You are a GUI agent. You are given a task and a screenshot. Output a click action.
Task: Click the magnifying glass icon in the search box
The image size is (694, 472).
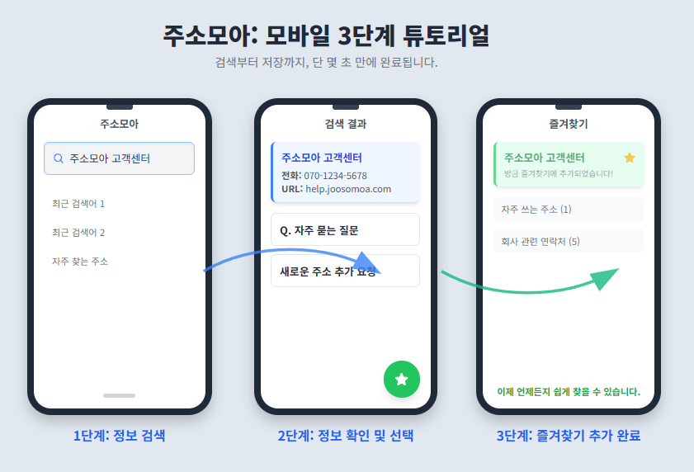pos(58,158)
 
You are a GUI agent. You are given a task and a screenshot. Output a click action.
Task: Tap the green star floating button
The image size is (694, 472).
pos(401,379)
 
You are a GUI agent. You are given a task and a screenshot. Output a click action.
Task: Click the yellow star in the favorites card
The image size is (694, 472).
pos(630,158)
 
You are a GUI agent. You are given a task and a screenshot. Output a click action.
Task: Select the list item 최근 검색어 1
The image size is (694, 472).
pos(78,204)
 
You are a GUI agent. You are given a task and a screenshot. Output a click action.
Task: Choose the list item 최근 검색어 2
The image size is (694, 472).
pos(78,233)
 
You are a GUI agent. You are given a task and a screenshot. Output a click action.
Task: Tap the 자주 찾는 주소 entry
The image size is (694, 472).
pos(80,262)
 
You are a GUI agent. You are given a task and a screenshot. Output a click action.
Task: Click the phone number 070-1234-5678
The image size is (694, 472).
pos(335,176)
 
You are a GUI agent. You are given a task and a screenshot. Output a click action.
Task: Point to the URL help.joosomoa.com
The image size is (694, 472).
pos(348,189)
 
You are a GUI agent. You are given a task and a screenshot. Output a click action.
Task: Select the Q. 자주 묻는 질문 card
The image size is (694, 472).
pos(345,229)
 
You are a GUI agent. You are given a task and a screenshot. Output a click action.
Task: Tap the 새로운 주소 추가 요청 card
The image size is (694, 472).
pos(345,271)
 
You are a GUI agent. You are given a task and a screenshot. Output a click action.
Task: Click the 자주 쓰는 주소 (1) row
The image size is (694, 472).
pos(569,209)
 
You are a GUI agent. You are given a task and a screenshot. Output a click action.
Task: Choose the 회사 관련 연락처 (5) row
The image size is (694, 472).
pos(569,241)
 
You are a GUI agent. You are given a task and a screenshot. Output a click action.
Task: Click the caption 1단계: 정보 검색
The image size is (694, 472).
pos(119,436)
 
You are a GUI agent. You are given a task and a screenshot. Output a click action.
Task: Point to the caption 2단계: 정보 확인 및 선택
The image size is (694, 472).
pos(346,436)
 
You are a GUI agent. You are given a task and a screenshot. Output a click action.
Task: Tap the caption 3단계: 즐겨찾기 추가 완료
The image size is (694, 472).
pos(569,436)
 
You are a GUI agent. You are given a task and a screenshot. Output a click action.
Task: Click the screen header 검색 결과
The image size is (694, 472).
pos(346,124)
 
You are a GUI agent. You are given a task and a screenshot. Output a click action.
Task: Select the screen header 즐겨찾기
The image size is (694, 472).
pos(569,124)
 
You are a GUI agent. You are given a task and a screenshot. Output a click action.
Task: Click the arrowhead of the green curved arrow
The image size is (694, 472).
pos(606,278)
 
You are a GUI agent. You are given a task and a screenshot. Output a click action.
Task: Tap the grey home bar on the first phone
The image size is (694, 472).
pos(119,395)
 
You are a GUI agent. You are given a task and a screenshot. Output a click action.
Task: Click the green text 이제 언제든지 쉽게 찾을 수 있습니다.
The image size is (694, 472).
pos(569,391)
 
